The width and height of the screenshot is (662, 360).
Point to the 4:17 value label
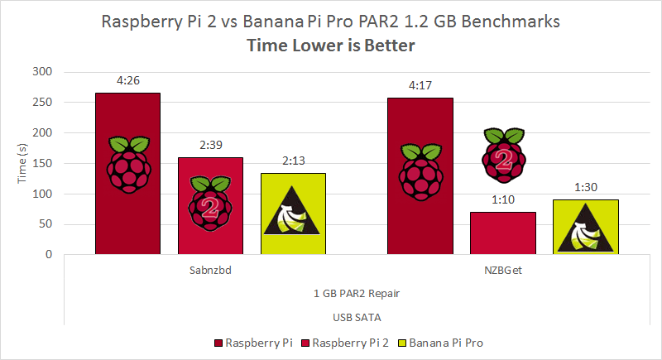(420, 85)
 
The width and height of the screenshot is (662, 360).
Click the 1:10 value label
(502, 200)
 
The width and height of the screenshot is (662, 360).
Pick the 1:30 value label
(585, 188)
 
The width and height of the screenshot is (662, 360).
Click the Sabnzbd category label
(210, 270)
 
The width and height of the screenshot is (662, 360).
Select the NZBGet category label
(502, 270)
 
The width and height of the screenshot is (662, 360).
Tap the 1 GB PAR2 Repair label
(356, 293)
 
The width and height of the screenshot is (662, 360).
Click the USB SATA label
(356, 316)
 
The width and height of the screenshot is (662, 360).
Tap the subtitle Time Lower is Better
(331, 46)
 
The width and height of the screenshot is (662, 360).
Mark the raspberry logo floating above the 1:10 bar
(503, 154)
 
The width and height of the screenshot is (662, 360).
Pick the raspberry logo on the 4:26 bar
(127, 161)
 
